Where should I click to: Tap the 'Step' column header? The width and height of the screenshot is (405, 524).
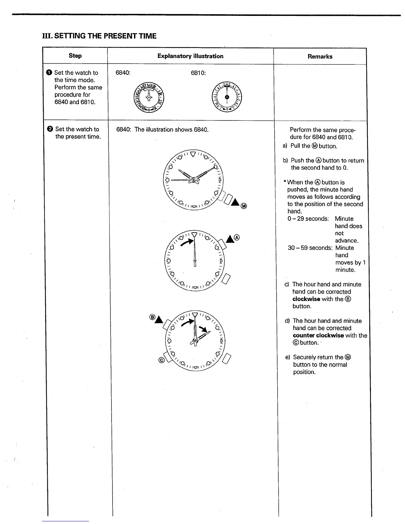(x=75, y=56)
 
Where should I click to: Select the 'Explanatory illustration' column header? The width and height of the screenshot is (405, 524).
(x=190, y=56)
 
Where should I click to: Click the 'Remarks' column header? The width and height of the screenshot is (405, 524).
(x=320, y=56)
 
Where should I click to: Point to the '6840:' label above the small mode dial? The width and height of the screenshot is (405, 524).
(x=123, y=73)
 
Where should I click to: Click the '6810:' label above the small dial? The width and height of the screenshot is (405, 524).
(x=198, y=73)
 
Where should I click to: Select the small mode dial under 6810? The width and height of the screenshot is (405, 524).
(x=227, y=97)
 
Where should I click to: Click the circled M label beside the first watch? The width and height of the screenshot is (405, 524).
(x=244, y=206)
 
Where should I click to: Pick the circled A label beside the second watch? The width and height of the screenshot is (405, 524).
(x=236, y=237)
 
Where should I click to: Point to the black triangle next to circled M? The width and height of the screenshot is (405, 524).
(x=235, y=202)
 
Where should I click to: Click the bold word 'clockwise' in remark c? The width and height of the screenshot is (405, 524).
(x=306, y=299)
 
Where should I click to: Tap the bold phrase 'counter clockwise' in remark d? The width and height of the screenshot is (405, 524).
(x=318, y=335)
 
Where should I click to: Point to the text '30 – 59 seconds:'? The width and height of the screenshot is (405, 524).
(x=310, y=248)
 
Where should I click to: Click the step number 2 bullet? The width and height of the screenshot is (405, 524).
(x=50, y=129)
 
